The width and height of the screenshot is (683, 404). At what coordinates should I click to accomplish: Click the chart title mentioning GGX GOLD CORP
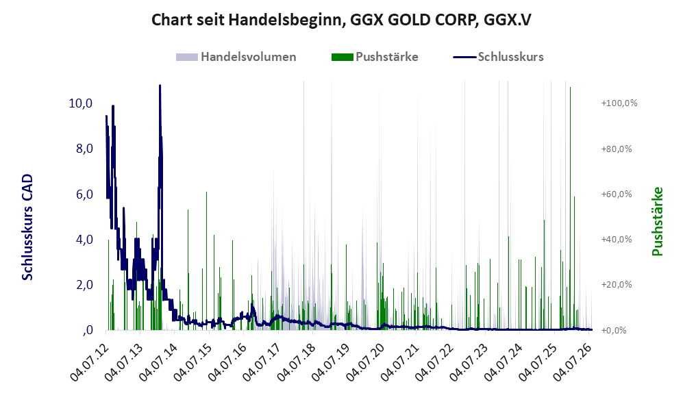pyautogui.click(x=341, y=20)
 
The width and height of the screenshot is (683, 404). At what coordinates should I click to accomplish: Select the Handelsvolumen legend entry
pyautogui.click(x=236, y=57)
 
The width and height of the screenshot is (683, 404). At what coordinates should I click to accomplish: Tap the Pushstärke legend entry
pyautogui.click(x=375, y=57)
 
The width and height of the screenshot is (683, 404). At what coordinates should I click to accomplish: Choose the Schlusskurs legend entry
pyautogui.click(x=498, y=57)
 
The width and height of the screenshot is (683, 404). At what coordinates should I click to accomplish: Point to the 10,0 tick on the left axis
pyautogui.click(x=81, y=103)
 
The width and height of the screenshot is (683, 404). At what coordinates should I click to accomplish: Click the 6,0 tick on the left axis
pyautogui.click(x=84, y=194)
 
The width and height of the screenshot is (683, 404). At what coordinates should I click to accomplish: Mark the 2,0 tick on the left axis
pyautogui.click(x=84, y=285)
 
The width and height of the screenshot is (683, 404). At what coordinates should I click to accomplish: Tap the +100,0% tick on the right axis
pyautogui.click(x=619, y=103)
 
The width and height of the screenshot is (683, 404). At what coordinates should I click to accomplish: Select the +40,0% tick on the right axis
pyautogui.click(x=617, y=240)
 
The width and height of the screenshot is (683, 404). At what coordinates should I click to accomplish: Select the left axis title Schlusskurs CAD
pyautogui.click(x=27, y=227)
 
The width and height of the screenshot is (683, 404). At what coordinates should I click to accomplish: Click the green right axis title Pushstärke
pyautogui.click(x=657, y=222)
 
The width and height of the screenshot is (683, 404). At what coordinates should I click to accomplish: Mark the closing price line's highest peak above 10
pyautogui.click(x=160, y=86)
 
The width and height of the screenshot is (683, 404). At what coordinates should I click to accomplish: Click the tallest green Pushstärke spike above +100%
pyautogui.click(x=570, y=88)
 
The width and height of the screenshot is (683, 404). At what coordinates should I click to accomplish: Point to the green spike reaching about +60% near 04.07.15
pyautogui.click(x=206, y=192)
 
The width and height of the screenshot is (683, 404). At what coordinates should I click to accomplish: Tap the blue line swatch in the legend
pyautogui.click(x=464, y=57)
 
